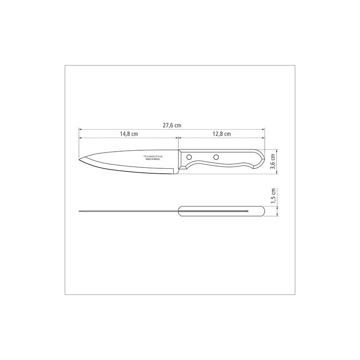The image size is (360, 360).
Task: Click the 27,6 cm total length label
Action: [x=172, y=126]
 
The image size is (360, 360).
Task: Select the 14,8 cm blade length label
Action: [x=129, y=134]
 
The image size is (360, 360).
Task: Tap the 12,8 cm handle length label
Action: [x=221, y=134]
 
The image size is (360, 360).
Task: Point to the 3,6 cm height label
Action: [x=273, y=162]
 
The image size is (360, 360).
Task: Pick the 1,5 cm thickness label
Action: [x=273, y=196]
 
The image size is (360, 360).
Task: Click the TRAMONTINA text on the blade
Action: [x=153, y=156]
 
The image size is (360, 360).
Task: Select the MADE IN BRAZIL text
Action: [x=153, y=159]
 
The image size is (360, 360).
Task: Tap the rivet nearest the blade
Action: [x=189, y=157]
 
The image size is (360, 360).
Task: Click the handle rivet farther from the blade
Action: [x=216, y=157]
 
